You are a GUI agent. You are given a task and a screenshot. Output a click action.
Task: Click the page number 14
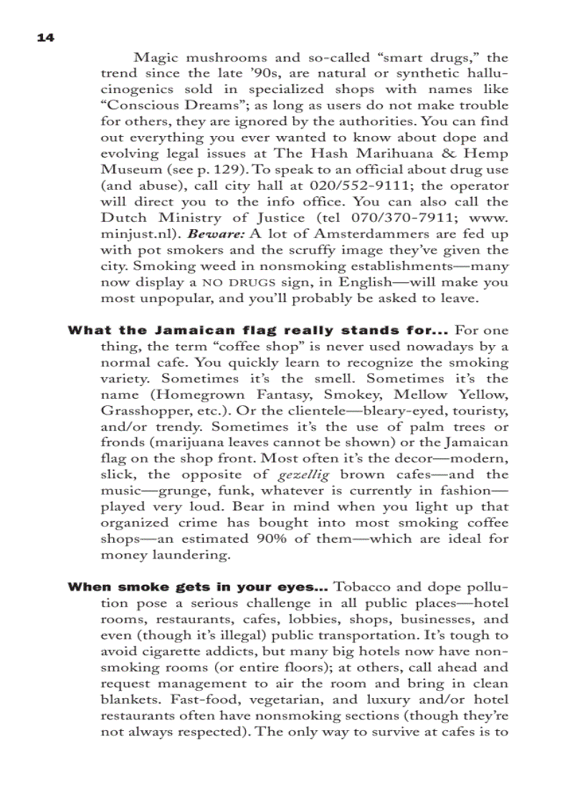[45, 38]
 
